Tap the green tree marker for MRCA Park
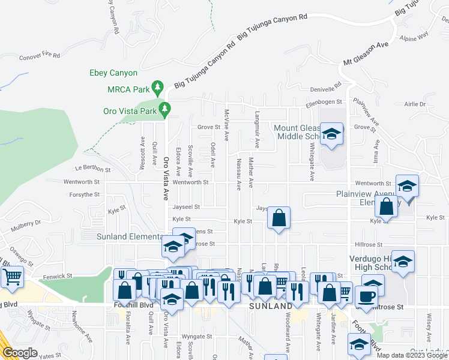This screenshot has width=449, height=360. [x=158, y=89]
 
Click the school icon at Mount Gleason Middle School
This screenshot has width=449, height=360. [x=331, y=134]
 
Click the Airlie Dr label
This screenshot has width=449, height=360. [x=414, y=104]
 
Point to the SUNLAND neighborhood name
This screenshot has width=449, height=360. [x=270, y=306]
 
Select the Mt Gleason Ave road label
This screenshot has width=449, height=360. [x=366, y=54]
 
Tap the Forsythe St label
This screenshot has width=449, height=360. [x=84, y=194]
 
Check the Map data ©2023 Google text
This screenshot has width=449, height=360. [x=412, y=355]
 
